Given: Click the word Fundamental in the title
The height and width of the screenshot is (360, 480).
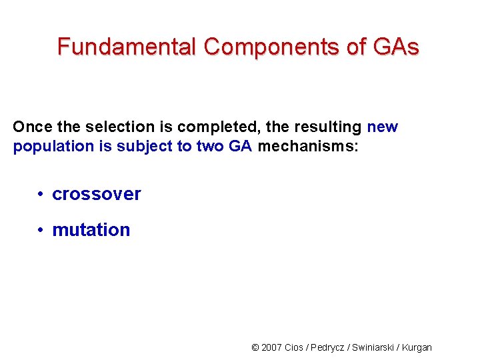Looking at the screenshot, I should [x=127, y=47].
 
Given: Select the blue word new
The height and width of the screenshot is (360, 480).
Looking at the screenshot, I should [x=382, y=127].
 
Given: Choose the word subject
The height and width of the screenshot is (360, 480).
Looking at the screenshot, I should [x=145, y=147].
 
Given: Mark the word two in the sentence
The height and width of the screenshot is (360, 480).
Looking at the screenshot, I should [x=211, y=147].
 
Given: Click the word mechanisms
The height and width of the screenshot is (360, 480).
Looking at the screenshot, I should [x=307, y=147].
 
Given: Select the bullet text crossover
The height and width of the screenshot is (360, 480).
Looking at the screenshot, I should [x=97, y=194].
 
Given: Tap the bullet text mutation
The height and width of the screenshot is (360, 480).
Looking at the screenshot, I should [x=91, y=230].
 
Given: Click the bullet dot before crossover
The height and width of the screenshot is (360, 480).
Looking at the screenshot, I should [x=41, y=195].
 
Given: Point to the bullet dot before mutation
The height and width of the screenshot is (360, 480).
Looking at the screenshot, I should [x=41, y=231].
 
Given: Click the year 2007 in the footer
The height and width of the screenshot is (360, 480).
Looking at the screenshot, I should [x=272, y=347].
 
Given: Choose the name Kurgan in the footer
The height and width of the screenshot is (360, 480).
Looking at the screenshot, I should [x=417, y=347].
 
